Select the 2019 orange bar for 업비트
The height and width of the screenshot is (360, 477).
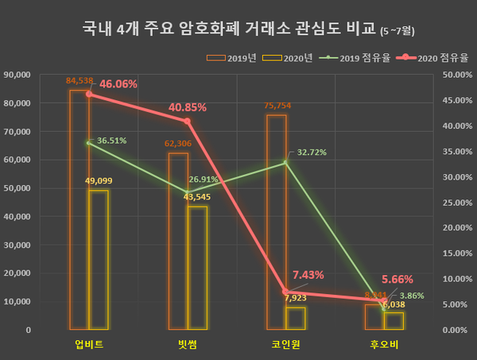click(79, 210)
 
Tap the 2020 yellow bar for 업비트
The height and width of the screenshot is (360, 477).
click(99, 259)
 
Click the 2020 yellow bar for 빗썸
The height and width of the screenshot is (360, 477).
click(197, 267)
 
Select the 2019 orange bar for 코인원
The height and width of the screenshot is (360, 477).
click(277, 222)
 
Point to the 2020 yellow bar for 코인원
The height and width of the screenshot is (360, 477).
click(296, 318)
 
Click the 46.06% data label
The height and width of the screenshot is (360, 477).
click(118, 83)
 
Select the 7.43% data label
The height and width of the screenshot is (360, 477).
click(308, 275)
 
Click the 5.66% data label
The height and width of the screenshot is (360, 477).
click(397, 280)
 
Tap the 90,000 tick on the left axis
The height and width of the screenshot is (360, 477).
click(39, 75)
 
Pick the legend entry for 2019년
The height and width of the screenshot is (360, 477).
click(227, 58)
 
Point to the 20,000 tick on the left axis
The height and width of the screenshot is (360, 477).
click(39, 273)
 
